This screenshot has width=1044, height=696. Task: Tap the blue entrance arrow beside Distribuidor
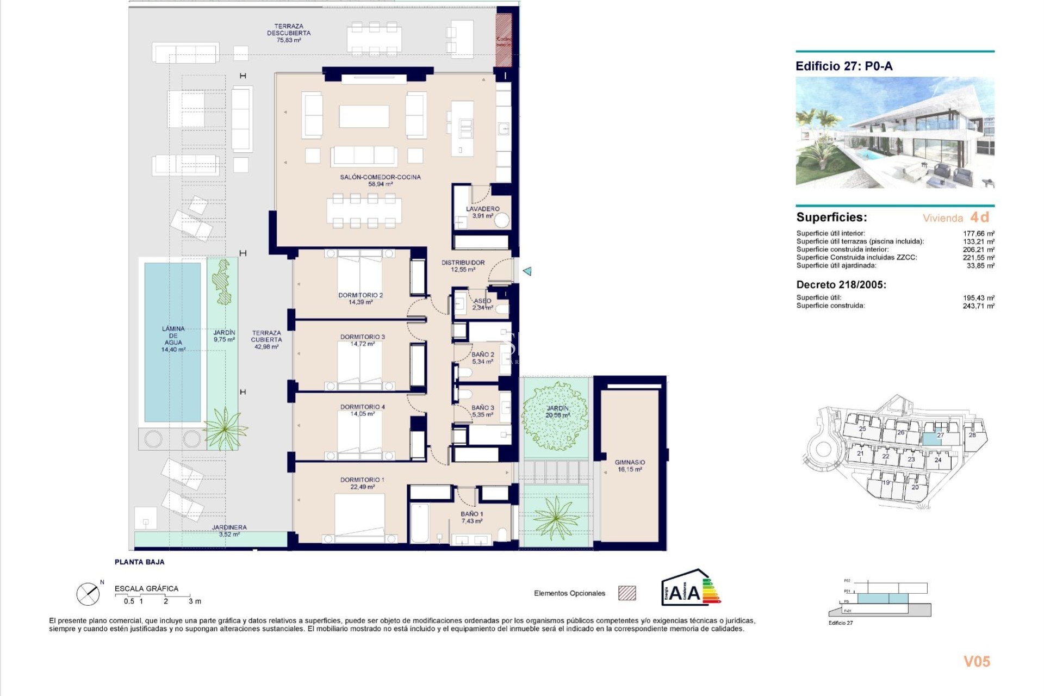coord(527,271)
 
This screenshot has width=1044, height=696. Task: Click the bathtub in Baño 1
coord(419,523)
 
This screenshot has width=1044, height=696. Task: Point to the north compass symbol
coord(88,594)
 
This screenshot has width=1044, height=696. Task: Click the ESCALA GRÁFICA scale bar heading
coord(146,588)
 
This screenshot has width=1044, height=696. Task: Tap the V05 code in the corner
coord(977,661)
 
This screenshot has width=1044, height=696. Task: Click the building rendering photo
coord(894,132)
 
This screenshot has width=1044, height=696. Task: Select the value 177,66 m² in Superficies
coord(978,233)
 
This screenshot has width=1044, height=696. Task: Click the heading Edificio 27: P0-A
coord(844,66)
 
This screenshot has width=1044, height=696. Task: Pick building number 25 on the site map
coord(862,428)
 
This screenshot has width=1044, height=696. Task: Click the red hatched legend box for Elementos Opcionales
coord(627,593)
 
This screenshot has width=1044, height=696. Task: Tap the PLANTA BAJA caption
coord(139,562)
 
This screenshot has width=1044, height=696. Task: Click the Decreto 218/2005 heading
coord(841,284)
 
